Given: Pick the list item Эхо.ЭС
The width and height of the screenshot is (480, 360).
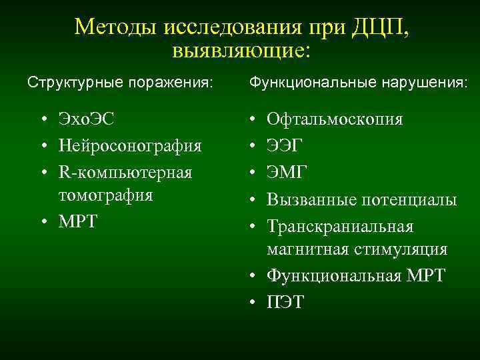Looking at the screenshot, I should (86, 120).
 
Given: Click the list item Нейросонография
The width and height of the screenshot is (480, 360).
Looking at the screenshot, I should (130, 145).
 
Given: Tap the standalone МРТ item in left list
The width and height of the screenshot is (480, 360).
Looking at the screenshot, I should (78, 221).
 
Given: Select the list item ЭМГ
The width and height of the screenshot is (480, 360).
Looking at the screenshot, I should (287, 171).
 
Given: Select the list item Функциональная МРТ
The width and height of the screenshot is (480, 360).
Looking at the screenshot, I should (355, 275).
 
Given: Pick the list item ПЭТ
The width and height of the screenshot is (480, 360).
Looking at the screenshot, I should (285, 302).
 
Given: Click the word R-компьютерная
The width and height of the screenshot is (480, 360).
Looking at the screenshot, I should (125, 172).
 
